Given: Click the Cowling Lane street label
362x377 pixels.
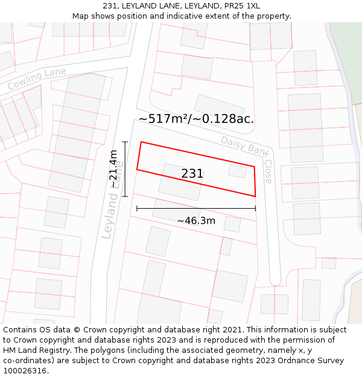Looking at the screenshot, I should point(37,79).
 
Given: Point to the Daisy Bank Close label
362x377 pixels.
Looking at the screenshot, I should point(247,158).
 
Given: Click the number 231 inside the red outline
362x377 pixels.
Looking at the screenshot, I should point(192,174).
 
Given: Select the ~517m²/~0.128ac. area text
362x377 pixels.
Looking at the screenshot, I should point(196,119).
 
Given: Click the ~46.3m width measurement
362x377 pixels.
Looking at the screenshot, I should point(196,221).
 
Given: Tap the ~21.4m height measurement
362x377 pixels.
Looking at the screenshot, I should point(113,169).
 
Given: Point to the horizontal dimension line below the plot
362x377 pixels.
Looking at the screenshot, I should point(196,209).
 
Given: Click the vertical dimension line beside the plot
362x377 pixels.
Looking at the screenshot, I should point(125,169).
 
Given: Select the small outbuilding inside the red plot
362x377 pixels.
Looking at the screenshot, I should point(238,171).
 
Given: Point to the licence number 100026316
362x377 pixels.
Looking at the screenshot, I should point(26,371).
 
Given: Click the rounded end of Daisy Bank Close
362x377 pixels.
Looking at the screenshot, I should point(275,279).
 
